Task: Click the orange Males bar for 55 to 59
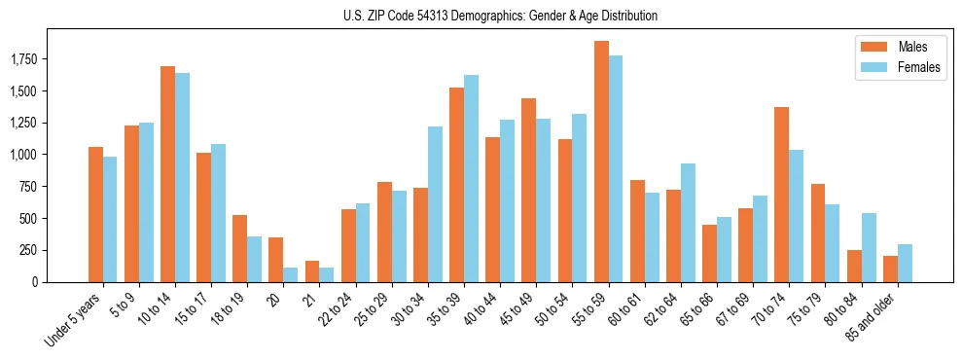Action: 601,162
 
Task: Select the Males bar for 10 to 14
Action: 167,174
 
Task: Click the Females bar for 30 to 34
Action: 435,204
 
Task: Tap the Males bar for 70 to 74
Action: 781,195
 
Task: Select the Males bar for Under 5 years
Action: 95,214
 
